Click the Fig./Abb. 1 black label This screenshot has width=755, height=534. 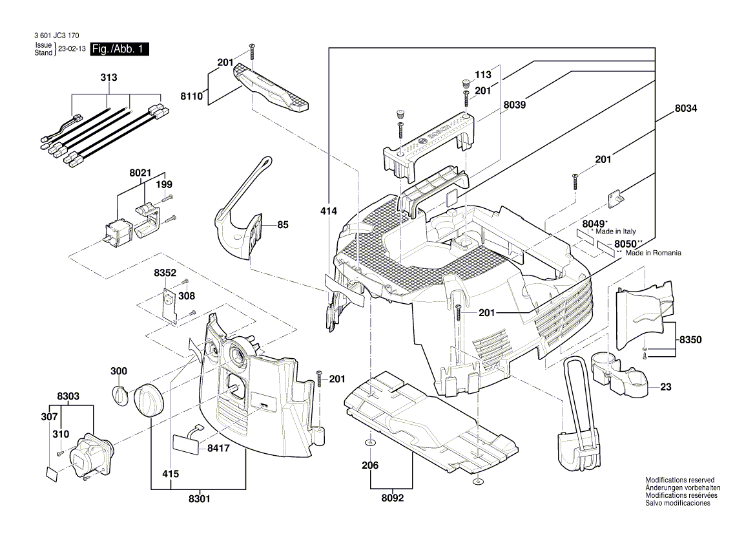coord(119,50)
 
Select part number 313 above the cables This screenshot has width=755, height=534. coord(109,78)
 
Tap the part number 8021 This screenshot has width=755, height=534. coord(140,173)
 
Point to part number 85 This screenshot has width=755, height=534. coord(283,225)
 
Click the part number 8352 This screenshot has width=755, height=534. coord(165,273)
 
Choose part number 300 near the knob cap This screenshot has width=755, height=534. coord(119,371)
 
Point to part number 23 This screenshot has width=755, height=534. coord(666,388)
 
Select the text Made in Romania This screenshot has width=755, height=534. coord(653,253)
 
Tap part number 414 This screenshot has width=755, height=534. coord(329,211)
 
